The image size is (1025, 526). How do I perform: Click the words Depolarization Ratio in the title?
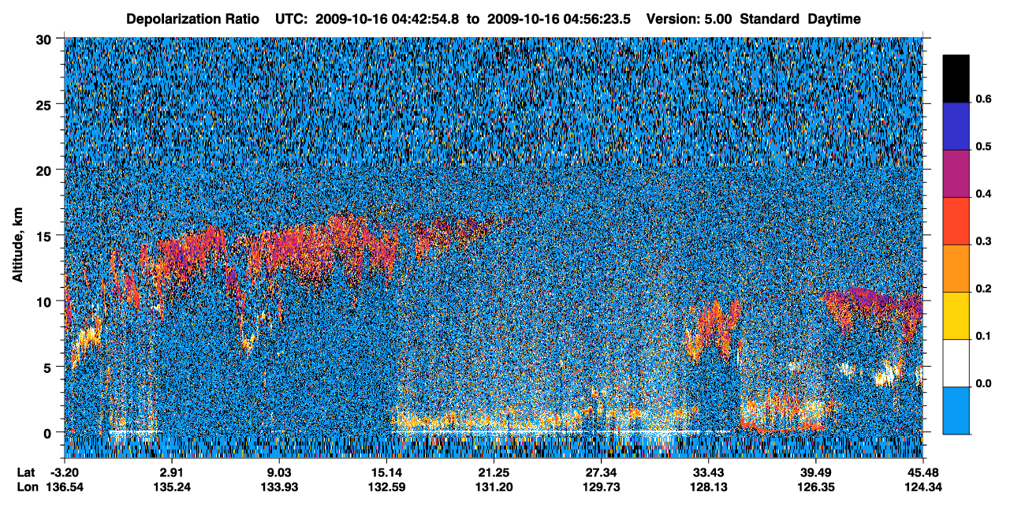coord(192,19)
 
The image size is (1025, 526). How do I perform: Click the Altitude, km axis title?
coord(17,244)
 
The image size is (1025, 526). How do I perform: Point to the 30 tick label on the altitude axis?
coord(43,40)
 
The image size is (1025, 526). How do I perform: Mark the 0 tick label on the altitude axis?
coord(47,433)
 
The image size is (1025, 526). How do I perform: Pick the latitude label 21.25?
coord(494,472)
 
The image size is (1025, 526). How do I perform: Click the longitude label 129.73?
coord(601,487)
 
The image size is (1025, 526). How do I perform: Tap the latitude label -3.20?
coord(65,472)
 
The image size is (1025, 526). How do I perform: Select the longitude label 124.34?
coord(923,487)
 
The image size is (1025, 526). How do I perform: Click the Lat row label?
coord(26,472)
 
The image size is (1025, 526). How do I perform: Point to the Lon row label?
coord(28,487)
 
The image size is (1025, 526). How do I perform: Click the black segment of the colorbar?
coord(956,79)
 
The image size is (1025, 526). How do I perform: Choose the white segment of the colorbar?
coord(956,363)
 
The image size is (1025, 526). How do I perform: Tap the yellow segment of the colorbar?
coord(956,316)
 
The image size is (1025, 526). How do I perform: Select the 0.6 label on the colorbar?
coord(983,99)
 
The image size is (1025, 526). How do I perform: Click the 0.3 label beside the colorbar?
coord(983,241)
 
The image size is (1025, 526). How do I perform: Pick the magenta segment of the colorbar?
coord(956,173)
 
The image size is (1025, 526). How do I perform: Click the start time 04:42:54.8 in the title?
coord(425,19)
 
